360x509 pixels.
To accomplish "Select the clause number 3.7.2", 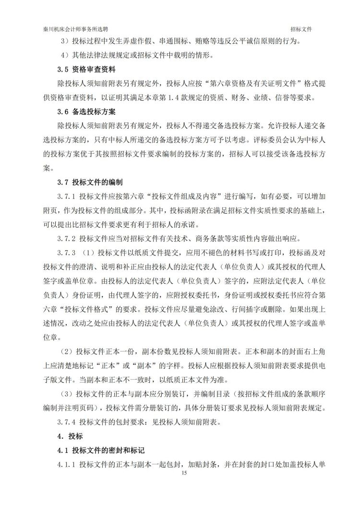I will (x=67, y=238).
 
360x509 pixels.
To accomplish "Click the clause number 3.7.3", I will (x=67, y=253).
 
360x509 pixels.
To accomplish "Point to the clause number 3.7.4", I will (x=67, y=422).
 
